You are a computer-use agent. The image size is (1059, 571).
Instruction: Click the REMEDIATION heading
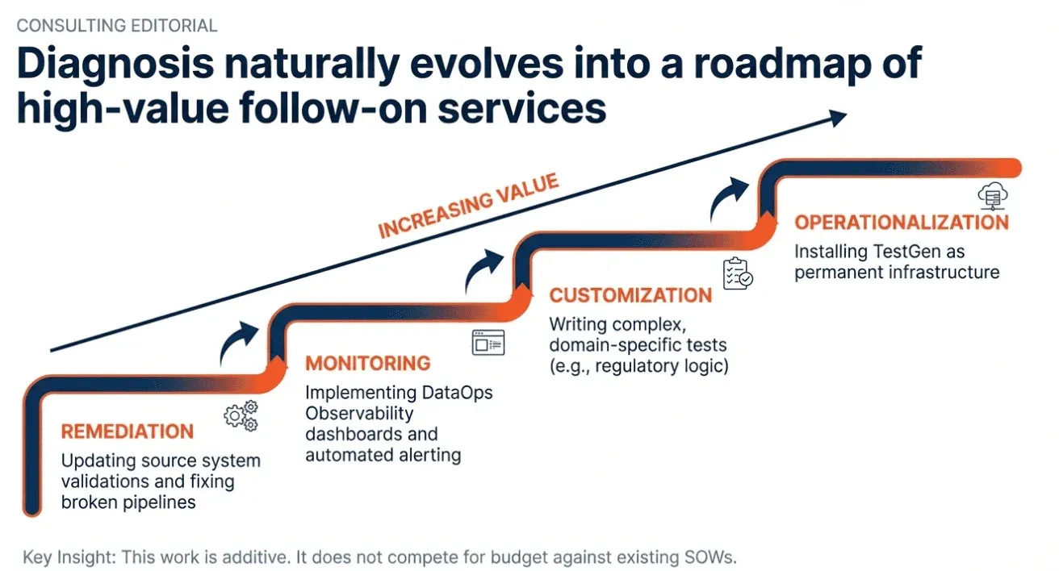click(128, 431)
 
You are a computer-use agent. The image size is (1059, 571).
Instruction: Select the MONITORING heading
click(368, 363)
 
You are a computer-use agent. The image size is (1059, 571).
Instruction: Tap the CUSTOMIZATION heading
click(630, 295)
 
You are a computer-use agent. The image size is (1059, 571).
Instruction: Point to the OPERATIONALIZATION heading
click(902, 223)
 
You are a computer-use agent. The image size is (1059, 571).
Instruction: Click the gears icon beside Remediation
click(241, 416)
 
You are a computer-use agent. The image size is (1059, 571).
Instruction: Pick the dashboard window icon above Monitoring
click(488, 343)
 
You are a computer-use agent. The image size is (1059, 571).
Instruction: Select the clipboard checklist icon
click(738, 273)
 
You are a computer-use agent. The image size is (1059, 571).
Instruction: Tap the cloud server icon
click(992, 196)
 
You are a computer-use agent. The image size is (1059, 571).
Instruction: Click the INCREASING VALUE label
click(468, 206)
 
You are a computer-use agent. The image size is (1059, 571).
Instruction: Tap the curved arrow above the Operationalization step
click(729, 198)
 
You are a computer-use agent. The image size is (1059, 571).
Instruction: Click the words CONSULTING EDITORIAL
click(117, 26)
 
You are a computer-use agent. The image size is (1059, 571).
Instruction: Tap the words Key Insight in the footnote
click(69, 557)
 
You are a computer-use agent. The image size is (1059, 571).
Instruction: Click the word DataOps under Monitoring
click(457, 393)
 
